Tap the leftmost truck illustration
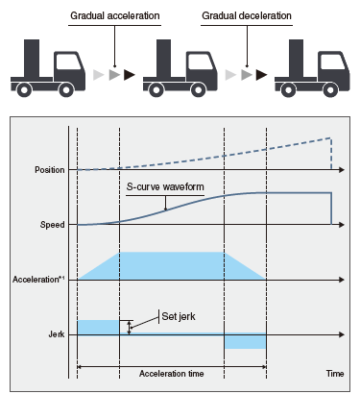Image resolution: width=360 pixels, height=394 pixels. [x=47, y=69]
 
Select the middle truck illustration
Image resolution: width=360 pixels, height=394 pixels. [x=180, y=69]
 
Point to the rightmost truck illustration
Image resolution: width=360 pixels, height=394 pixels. [x=311, y=69]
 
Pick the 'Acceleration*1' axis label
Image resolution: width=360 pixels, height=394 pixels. [x=40, y=280]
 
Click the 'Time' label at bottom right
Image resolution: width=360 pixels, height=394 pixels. [x=333, y=372]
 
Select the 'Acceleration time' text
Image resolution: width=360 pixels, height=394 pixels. [x=172, y=372]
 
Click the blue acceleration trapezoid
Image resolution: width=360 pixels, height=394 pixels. [x=173, y=266]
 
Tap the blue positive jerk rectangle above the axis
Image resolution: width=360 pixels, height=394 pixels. [x=99, y=327]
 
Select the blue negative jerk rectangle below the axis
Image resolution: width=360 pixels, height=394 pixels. [x=245, y=341]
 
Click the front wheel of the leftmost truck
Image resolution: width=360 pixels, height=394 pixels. [x=69, y=90]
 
